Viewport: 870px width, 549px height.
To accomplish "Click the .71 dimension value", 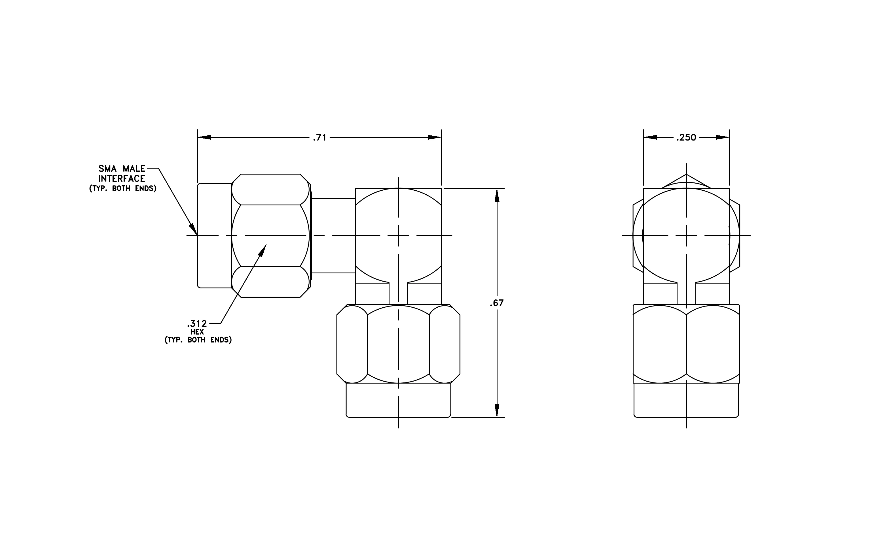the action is [320, 137].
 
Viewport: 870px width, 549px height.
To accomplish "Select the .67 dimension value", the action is [497, 303].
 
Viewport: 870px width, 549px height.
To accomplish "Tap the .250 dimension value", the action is [686, 137].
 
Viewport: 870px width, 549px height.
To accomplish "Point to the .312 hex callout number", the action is [197, 324].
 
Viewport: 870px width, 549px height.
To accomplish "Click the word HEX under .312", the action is [197, 332].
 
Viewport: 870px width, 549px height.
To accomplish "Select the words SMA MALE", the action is [122, 169].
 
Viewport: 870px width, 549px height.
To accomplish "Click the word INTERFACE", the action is [122, 178].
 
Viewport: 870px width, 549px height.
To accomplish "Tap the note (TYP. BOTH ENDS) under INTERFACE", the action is [123, 188].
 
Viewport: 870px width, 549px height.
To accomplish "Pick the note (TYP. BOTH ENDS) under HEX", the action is [198, 340].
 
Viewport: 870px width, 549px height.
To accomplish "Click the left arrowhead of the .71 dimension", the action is [204, 137].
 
